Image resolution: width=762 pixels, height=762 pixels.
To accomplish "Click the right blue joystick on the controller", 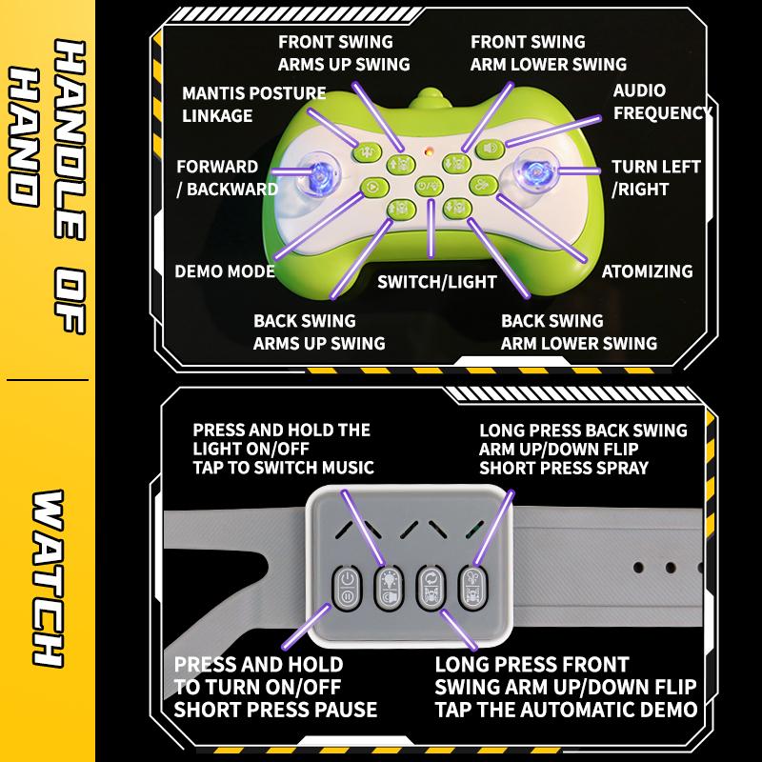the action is click(536, 172).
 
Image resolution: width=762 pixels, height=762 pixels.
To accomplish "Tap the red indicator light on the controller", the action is click(429, 151).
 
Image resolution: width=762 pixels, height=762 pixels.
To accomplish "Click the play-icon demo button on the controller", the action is click(374, 187).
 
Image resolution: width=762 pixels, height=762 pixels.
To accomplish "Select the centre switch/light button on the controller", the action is click(429, 186).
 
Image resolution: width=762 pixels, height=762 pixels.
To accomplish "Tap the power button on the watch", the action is click(347, 588).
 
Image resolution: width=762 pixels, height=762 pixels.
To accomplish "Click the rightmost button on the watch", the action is click(472, 587).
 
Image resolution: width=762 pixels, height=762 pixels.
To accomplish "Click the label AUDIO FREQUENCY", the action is click(662, 102).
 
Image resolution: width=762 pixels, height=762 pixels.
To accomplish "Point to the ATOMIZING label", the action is click(648, 271).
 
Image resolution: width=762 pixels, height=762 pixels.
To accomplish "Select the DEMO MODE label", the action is click(225, 271).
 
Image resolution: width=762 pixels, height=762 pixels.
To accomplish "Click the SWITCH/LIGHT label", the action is click(437, 282).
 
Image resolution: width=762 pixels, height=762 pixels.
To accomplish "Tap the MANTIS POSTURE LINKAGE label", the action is click(253, 104).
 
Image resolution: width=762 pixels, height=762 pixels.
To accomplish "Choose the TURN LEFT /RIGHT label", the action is click(655, 178).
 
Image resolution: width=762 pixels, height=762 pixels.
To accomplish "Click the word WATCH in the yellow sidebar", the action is click(48, 578).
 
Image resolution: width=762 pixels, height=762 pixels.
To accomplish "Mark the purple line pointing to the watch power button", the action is click(306, 627).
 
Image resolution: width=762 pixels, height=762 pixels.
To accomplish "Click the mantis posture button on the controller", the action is click(366, 152).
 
